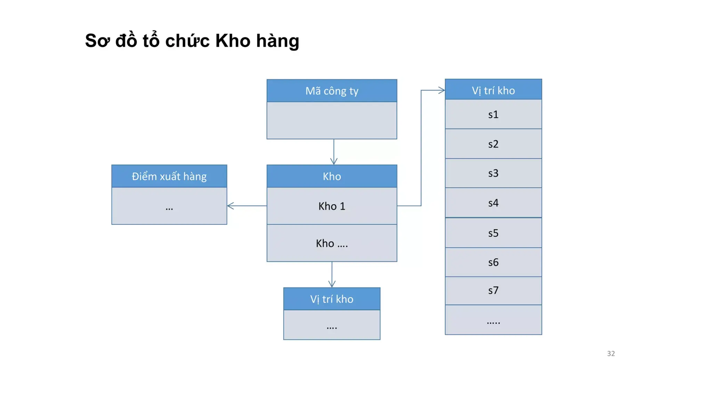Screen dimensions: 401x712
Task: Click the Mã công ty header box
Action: (332, 91)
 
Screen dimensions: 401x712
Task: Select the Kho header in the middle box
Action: (332, 176)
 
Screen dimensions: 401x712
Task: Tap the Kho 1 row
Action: (332, 206)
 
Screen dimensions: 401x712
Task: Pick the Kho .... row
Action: (332, 243)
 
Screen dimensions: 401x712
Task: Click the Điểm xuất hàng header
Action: (169, 176)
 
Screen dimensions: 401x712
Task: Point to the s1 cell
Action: (493, 115)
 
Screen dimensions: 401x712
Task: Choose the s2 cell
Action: (493, 144)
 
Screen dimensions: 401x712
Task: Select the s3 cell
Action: (493, 173)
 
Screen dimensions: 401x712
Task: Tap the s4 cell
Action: (493, 203)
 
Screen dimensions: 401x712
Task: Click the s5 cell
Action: (493, 233)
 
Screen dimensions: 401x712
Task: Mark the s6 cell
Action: (493, 262)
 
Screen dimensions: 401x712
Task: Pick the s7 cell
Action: (493, 291)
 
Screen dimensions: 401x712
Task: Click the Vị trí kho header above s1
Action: (493, 91)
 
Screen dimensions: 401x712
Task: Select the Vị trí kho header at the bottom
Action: (332, 299)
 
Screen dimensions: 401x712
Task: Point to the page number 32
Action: (611, 354)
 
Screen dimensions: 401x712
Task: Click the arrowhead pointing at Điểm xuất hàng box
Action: (230, 206)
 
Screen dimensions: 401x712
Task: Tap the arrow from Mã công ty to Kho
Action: (334, 152)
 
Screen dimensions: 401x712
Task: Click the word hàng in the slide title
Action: (277, 41)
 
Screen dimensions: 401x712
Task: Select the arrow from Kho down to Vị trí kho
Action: (332, 274)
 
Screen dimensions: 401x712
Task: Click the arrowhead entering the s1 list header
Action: (442, 91)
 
